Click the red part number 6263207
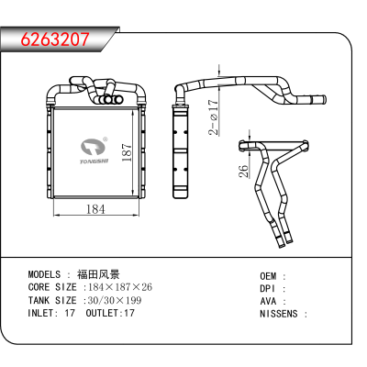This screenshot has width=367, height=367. (55, 39)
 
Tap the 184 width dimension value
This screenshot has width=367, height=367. (95, 209)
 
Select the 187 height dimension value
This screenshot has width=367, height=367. (127, 152)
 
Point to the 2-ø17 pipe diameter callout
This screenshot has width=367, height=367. (214, 117)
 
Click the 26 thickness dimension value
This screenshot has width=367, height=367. (243, 172)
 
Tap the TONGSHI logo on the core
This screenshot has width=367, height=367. (94, 150)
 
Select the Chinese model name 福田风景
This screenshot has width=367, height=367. (98, 274)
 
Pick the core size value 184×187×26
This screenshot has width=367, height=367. (120, 287)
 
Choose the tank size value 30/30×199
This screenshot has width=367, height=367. (115, 300)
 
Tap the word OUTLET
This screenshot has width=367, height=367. (102, 313)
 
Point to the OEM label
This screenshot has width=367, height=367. (268, 276)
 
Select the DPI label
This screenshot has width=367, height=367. (268, 289)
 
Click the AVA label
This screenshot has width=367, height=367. (268, 301)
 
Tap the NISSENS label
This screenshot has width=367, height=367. (279, 314)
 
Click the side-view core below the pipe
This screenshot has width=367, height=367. (181, 151)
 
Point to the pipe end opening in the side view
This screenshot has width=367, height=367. (324, 100)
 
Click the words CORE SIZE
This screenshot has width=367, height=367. (52, 287)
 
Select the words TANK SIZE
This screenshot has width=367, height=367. (52, 300)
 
